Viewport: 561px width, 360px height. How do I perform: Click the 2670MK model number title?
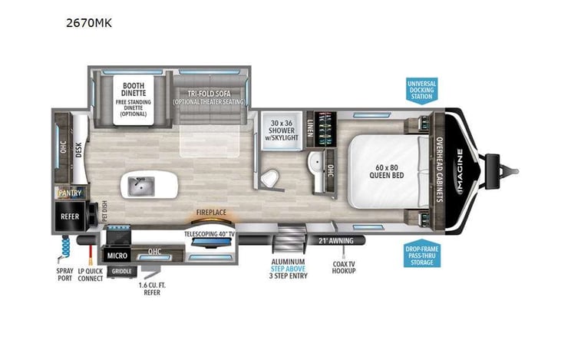click(x=88, y=22)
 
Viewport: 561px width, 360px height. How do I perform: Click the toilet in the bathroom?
click(x=269, y=178)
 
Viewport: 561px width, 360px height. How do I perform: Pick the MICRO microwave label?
click(x=117, y=255)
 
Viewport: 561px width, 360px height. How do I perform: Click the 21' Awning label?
click(x=335, y=240)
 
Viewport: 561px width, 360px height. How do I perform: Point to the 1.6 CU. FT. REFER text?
click(x=152, y=289)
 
